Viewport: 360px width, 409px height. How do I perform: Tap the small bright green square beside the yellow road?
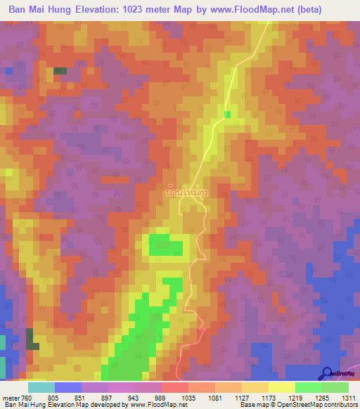pos(226,114)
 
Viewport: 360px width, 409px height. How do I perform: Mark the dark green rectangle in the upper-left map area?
pos(60,71)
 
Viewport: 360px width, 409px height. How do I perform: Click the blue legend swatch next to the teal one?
pos(68,387)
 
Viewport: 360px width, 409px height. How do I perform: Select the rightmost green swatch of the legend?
pos(335,387)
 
